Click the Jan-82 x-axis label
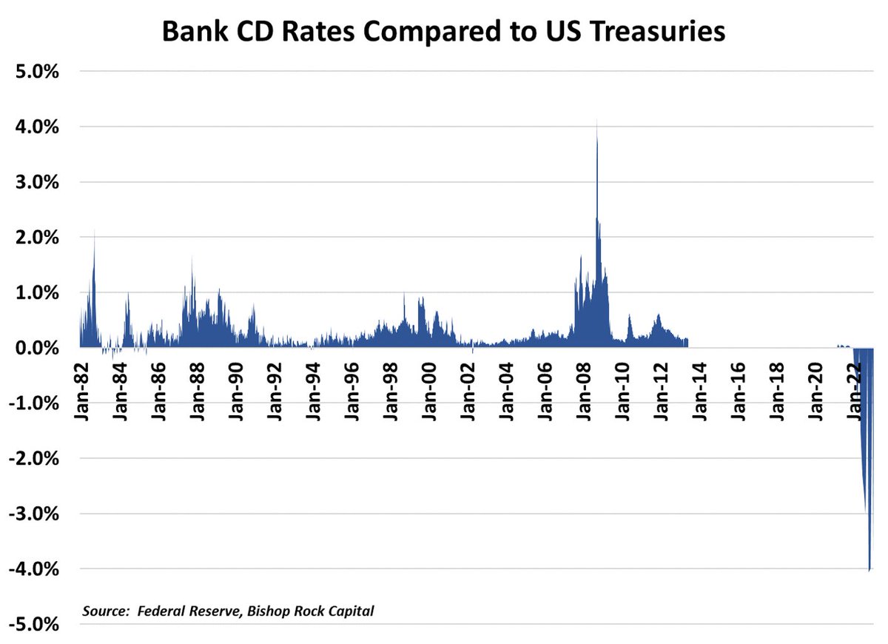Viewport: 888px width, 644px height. [x=83, y=386]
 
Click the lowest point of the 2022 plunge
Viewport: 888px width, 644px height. [x=869, y=569]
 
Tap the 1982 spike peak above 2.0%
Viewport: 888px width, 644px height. [x=94, y=232]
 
